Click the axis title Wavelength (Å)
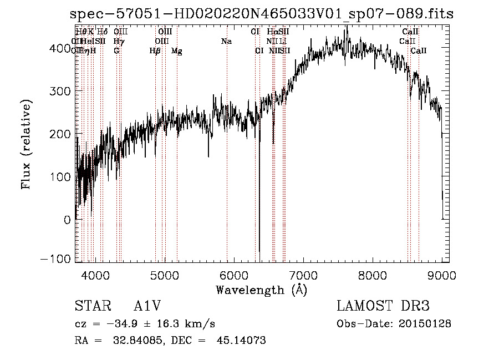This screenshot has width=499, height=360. coord(261,290)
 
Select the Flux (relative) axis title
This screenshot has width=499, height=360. coord(26,144)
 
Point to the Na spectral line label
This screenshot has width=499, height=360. coord(226,42)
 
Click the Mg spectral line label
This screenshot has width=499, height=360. coord(176,51)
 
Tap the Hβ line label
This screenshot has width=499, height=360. coord(155,51)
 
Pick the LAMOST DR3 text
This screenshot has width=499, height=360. coord(383,307)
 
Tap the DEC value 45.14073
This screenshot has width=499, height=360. coord(241,341)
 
